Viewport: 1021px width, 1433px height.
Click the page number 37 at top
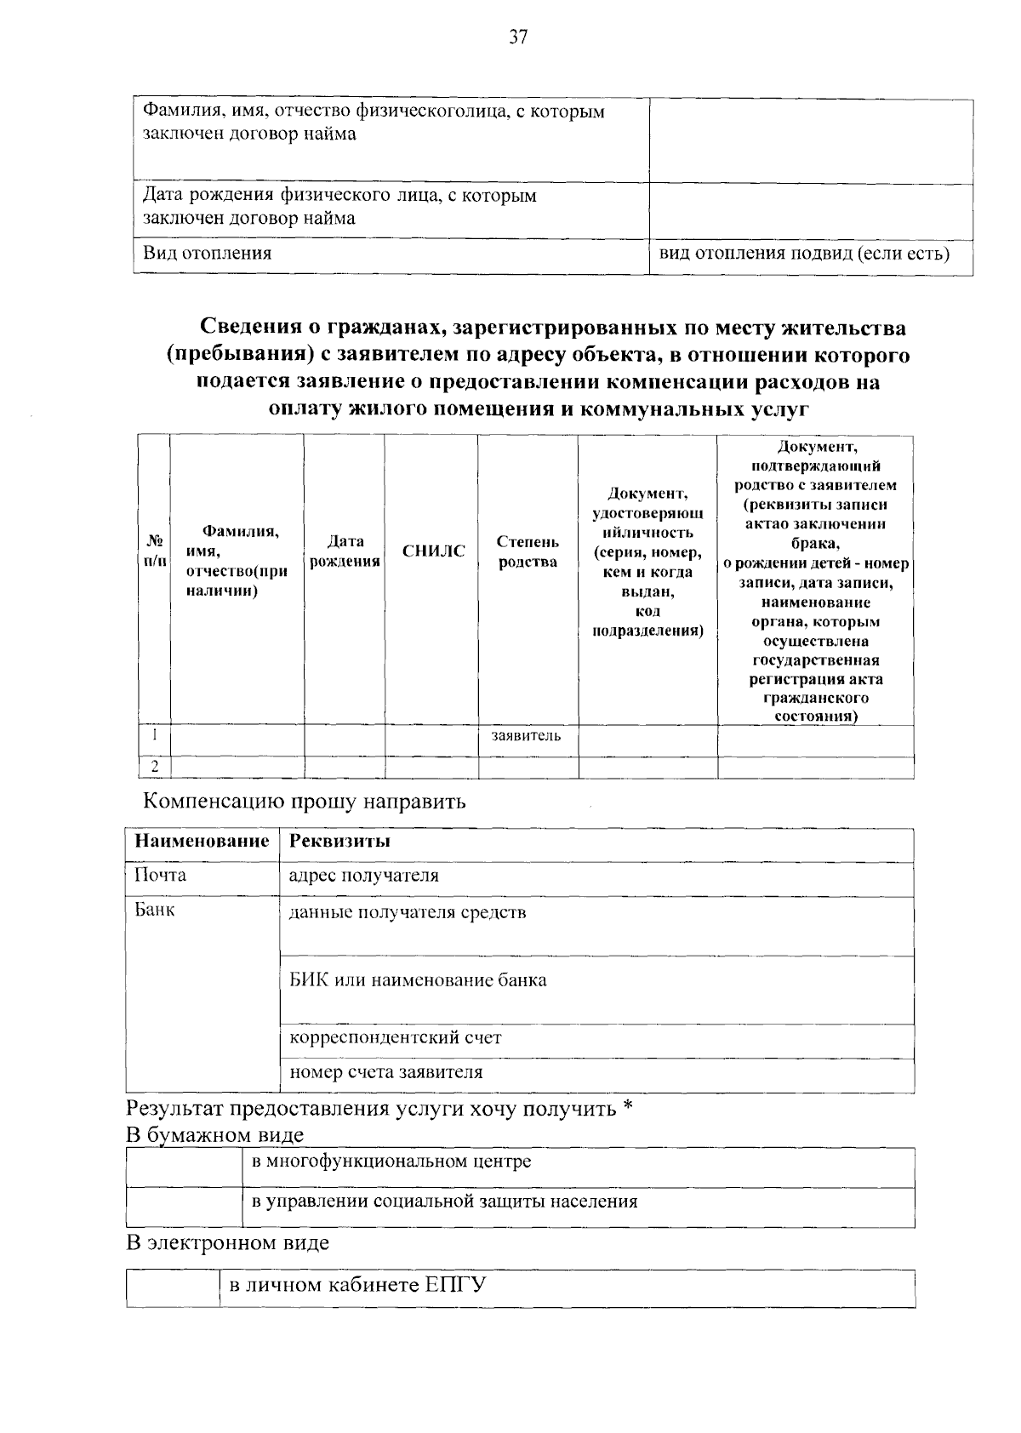click(519, 37)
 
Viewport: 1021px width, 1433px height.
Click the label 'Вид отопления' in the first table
click(207, 253)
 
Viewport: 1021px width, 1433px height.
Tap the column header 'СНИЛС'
click(434, 551)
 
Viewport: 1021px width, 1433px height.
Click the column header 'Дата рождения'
click(345, 551)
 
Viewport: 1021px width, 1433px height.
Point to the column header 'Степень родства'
click(528, 551)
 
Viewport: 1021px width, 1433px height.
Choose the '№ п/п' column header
click(155, 551)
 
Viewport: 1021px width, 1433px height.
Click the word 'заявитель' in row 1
click(526, 736)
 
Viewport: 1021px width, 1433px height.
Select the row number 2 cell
click(155, 767)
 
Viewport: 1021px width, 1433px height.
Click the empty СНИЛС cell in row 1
click(431, 739)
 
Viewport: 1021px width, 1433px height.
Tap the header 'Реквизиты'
click(340, 842)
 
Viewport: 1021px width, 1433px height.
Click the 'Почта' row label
click(161, 876)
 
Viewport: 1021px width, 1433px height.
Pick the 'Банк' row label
click(155, 910)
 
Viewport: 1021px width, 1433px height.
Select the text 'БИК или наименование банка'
click(419, 979)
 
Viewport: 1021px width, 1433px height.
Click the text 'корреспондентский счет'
click(396, 1038)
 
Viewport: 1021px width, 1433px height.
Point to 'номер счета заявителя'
click(386, 1072)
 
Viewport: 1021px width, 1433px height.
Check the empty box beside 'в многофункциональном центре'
click(184, 1167)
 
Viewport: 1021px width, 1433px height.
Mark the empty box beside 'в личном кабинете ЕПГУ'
click(173, 1288)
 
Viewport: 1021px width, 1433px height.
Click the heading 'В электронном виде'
click(227, 1242)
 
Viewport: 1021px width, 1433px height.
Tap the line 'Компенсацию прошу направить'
click(304, 802)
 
